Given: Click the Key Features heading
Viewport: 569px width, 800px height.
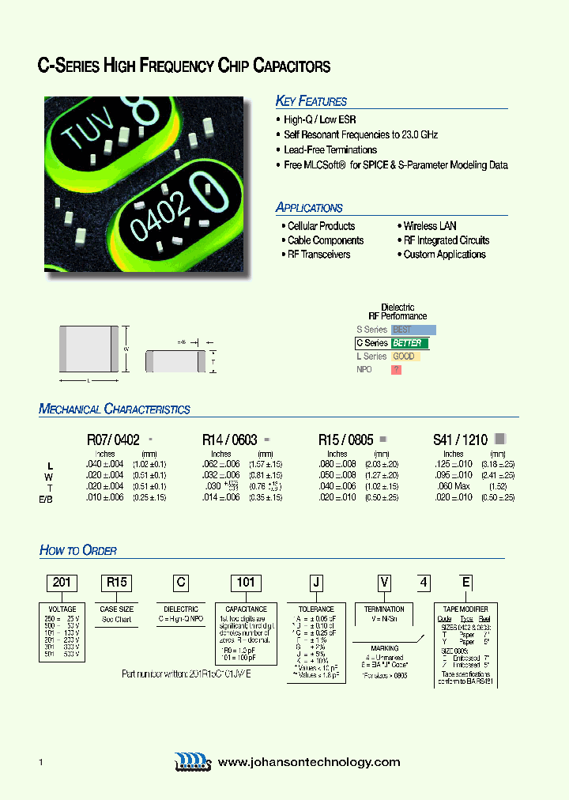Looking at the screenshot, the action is point(311,101).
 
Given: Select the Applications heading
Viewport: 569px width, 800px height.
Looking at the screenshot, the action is point(309,208).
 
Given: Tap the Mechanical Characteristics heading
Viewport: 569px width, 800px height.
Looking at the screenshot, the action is point(115,409).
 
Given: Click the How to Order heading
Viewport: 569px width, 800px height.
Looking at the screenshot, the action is point(78,550).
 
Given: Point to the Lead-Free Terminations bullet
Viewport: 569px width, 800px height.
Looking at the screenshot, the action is point(330,149).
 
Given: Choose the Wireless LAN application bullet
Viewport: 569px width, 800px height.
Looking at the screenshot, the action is point(430,226).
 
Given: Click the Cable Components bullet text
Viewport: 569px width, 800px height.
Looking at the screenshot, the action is point(325,240).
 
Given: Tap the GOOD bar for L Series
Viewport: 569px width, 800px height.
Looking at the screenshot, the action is point(405,357).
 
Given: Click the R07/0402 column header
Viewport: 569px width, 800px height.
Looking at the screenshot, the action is point(113,439).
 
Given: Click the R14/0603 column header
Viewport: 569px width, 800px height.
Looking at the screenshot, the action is point(232,439).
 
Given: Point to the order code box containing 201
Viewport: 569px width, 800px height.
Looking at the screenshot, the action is point(62,583).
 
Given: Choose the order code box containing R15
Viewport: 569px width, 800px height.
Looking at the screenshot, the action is point(116,583).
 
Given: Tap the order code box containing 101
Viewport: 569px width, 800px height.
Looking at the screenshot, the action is point(247,583).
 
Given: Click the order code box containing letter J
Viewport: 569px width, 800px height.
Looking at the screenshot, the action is point(316,583).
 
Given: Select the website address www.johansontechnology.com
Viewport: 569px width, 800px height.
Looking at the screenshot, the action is point(309,762).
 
